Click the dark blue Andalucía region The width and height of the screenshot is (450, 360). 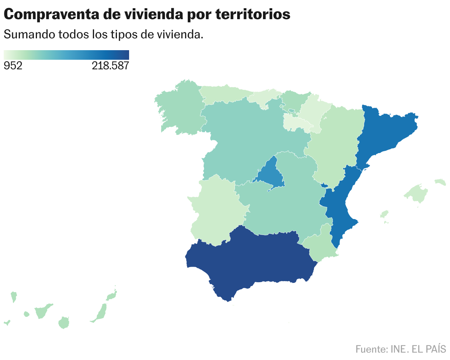coord(251,258)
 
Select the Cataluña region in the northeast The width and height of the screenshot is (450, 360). coord(384,133)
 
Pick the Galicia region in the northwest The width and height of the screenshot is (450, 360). coord(179,109)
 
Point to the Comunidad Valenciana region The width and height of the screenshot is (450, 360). coord(339,207)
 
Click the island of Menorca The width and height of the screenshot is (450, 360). coord(440,182)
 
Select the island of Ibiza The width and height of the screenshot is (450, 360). coord(384,214)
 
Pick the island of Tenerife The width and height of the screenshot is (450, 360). coord(43,311)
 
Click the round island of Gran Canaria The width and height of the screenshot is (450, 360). coord(64,322)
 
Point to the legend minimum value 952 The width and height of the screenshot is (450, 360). coord(13,66)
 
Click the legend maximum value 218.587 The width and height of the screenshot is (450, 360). coord(110,66)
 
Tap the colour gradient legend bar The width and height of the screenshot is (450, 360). coord(66,55)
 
